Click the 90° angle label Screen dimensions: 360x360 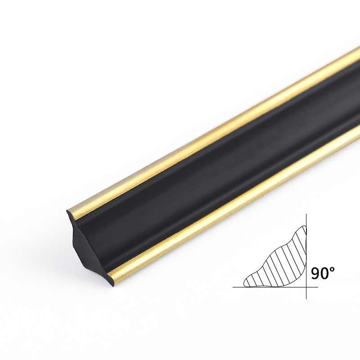[x=323, y=273]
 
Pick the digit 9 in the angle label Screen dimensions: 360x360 [x=315, y=274]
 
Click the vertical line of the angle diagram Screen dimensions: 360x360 [x=306, y=256]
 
